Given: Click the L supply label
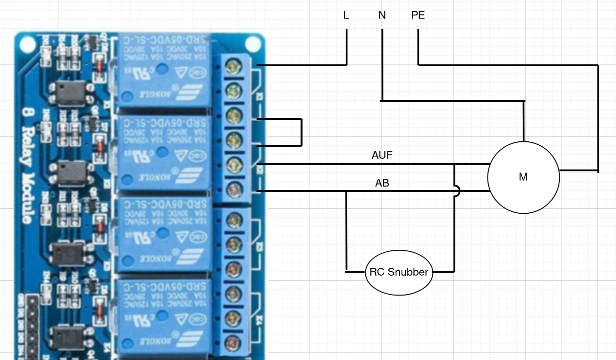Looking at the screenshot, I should tap(346, 15).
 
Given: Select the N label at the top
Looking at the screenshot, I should tap(382, 15).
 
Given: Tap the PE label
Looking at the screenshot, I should tap(418, 15).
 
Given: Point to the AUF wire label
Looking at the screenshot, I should tap(382, 155).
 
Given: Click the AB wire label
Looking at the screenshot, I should tap(382, 183).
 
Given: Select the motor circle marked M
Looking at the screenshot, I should tap(523, 177).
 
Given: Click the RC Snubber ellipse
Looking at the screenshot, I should tap(399, 272).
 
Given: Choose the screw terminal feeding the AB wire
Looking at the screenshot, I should tap(231, 189).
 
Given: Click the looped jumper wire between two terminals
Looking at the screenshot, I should tap(301, 132).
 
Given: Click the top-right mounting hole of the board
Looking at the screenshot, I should tap(253, 43).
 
